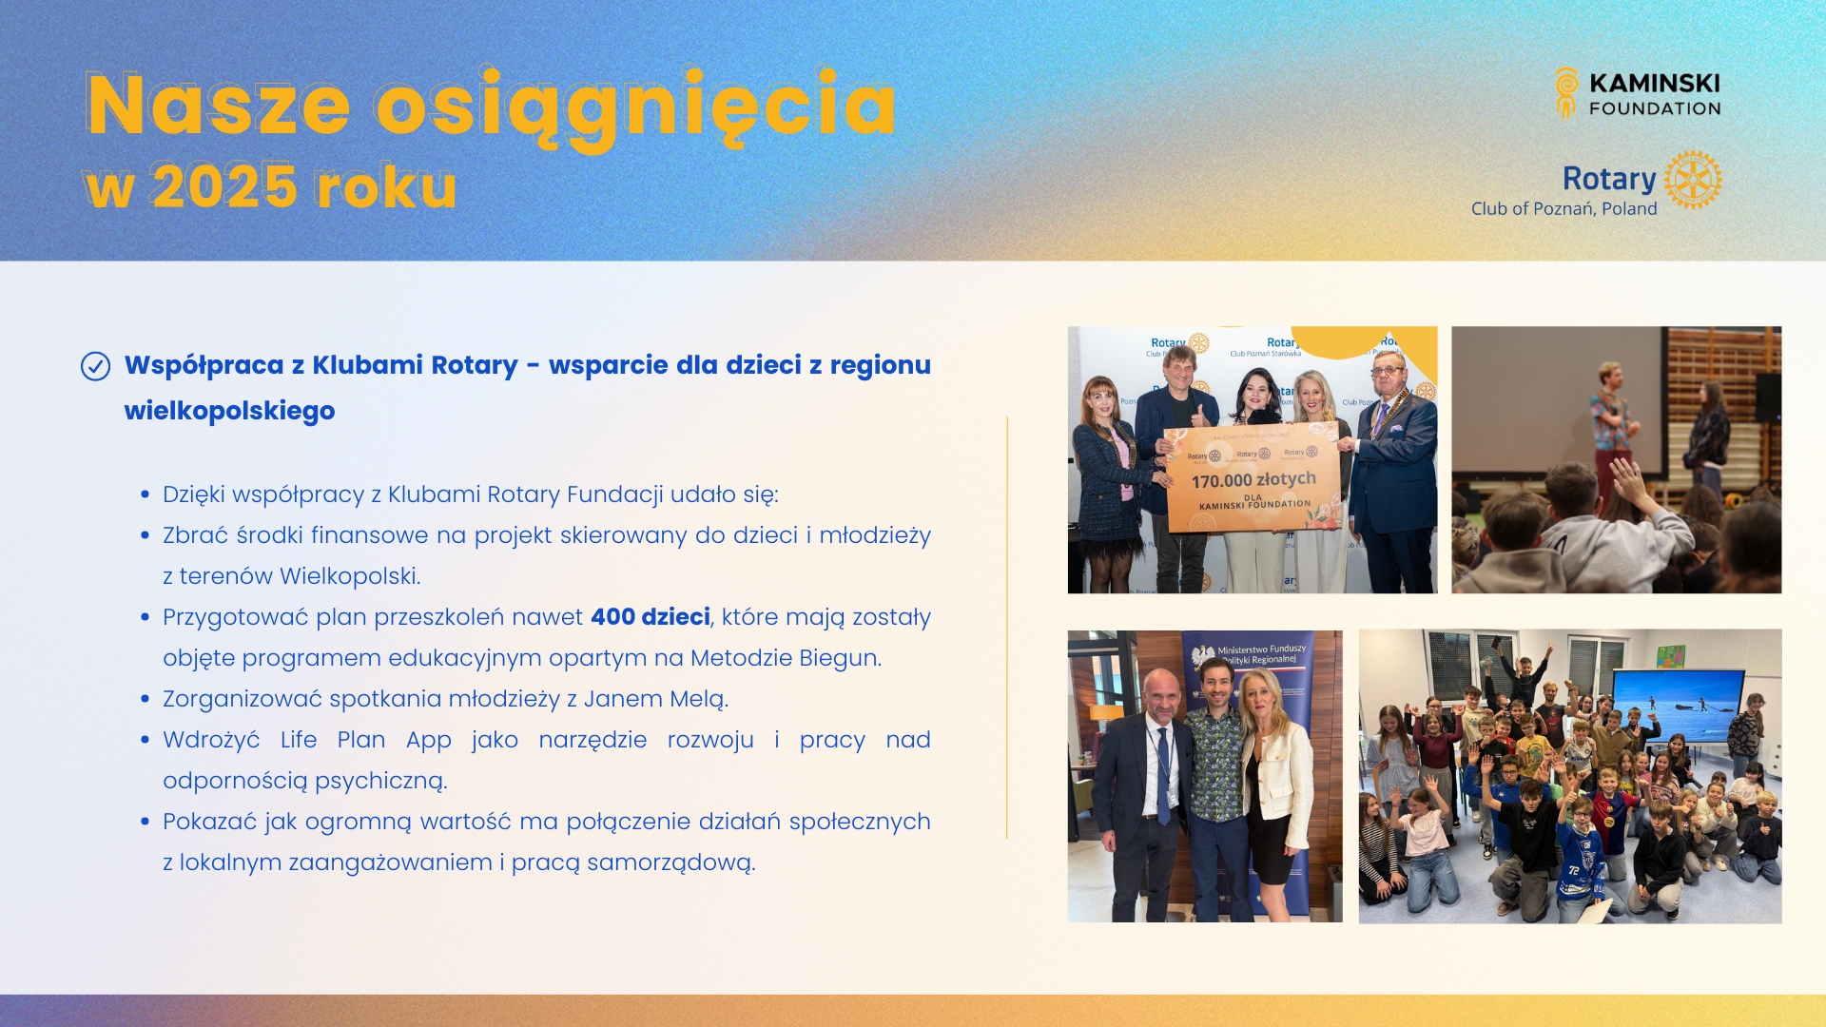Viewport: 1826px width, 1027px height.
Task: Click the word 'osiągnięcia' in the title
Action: point(635,107)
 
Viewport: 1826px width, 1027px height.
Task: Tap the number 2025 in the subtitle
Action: point(224,186)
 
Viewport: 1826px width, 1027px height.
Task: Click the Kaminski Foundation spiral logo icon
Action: point(1565,92)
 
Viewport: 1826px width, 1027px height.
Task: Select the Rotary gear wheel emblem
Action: point(1693,179)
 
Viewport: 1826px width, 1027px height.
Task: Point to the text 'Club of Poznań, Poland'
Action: point(1564,209)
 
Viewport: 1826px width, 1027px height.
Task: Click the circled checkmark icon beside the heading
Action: point(95,366)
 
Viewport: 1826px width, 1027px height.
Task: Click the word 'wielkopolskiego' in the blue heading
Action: point(229,411)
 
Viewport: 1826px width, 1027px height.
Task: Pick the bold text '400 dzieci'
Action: point(651,617)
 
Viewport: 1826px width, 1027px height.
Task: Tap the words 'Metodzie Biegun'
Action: point(785,658)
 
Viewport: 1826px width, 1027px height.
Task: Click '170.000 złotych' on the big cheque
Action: point(1253,480)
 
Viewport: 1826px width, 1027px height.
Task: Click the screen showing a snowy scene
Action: point(1679,705)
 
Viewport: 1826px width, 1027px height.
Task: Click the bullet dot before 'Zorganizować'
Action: point(145,699)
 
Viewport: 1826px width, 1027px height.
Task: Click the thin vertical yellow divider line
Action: point(1006,628)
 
